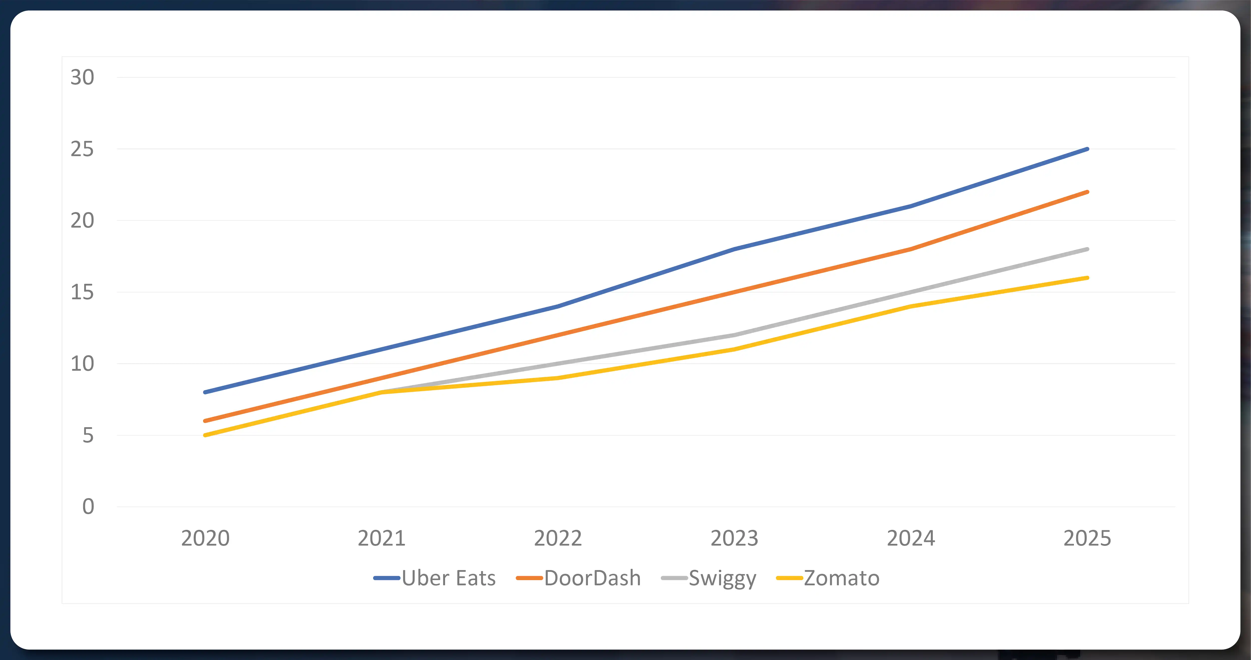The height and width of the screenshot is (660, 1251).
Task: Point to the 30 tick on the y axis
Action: (x=82, y=77)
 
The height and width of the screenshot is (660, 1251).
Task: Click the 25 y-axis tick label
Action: (x=82, y=149)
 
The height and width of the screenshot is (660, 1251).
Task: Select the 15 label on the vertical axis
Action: (x=82, y=292)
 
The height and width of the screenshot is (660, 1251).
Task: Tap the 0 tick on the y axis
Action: (x=88, y=507)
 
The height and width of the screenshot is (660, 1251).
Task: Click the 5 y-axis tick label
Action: (x=88, y=435)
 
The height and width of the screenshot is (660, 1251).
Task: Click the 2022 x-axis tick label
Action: (x=558, y=538)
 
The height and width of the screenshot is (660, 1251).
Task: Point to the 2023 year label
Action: (x=734, y=538)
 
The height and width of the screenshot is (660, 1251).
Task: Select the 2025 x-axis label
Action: (x=1087, y=538)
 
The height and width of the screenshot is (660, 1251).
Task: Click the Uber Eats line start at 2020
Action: (x=205, y=392)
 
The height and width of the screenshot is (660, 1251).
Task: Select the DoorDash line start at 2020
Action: (x=205, y=421)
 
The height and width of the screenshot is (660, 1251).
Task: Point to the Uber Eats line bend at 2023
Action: (x=734, y=249)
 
